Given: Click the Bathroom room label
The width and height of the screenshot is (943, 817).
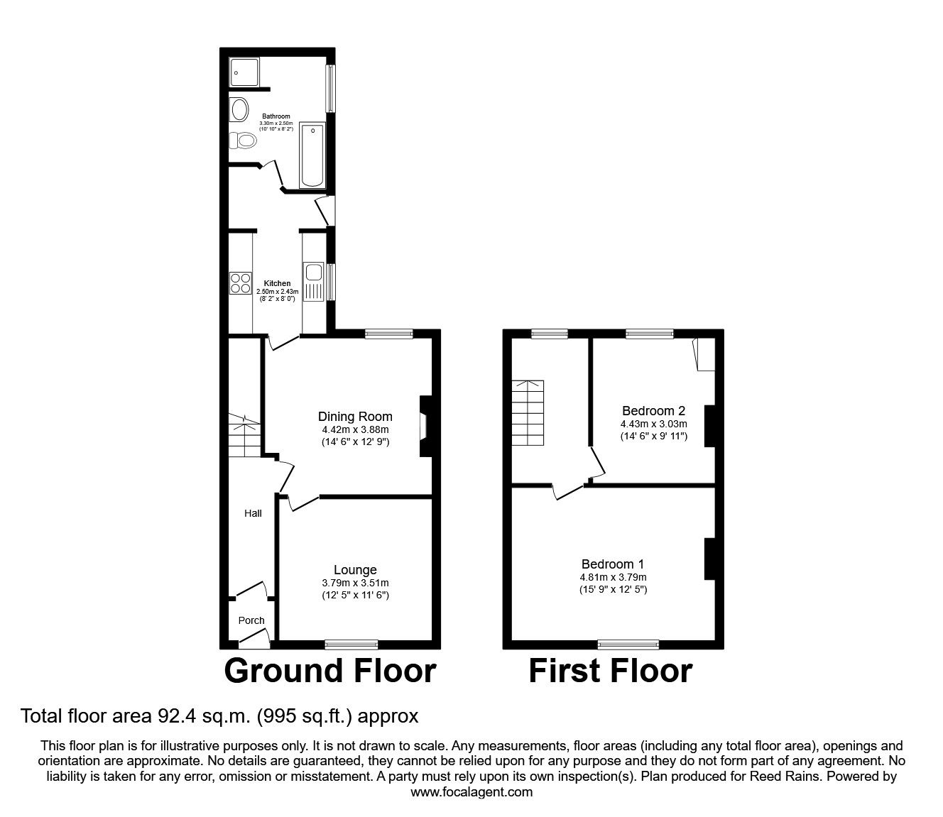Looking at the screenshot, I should click(x=276, y=116).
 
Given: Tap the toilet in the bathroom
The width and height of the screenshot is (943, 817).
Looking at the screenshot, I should click(x=244, y=141).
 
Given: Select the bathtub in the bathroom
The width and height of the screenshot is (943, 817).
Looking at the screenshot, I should click(x=312, y=155).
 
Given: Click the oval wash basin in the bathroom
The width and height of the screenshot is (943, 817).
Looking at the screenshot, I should click(x=239, y=111).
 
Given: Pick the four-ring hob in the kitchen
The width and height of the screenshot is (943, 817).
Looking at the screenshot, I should click(x=241, y=284).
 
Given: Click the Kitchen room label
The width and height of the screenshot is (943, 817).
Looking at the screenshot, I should click(x=277, y=283).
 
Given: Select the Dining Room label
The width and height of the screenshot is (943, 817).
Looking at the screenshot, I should click(x=355, y=417).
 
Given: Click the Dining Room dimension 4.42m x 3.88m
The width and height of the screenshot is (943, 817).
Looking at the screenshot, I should click(x=355, y=429).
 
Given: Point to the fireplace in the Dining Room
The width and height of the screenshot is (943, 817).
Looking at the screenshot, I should click(x=425, y=426).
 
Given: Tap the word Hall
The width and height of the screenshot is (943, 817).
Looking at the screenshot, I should click(x=253, y=512).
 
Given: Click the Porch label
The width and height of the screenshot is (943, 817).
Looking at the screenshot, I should click(x=251, y=620).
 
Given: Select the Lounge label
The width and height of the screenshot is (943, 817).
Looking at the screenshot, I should click(x=355, y=569).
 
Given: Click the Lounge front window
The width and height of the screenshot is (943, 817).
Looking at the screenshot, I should click(x=351, y=645).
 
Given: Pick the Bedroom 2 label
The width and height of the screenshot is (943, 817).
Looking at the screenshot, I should click(x=653, y=410).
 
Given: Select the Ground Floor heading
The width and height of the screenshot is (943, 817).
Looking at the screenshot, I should click(x=330, y=671).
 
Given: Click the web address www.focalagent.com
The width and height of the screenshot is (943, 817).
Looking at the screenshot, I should click(x=471, y=792).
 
